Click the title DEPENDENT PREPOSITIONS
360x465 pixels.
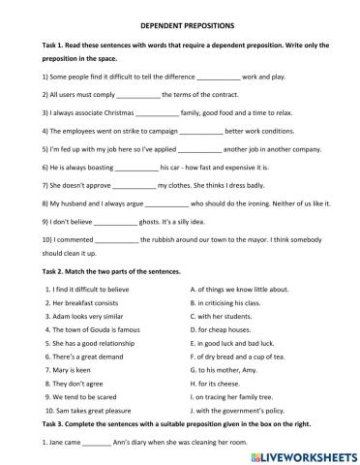pyautogui.click(x=179, y=21)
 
